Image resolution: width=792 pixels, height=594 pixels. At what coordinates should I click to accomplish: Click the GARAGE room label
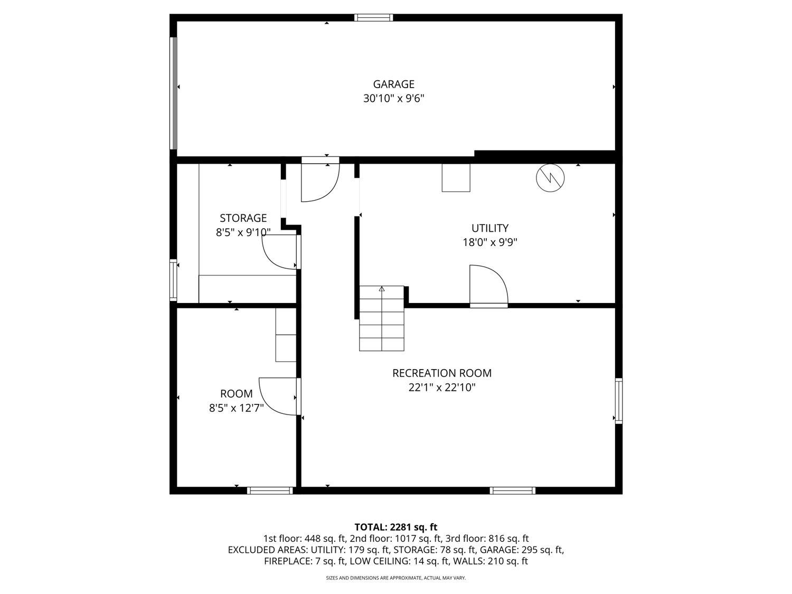(393, 84)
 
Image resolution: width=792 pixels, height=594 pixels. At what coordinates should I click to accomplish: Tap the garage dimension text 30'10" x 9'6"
(393, 98)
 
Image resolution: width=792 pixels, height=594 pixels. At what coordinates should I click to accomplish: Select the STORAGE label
(243, 218)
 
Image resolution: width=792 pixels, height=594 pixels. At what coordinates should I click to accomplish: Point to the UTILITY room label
(489, 228)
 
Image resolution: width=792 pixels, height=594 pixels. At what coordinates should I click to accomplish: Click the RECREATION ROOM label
(441, 373)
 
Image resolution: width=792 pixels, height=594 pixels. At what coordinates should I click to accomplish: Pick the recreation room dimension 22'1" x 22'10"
(441, 388)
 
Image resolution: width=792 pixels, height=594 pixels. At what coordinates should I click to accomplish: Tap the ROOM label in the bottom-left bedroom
(236, 394)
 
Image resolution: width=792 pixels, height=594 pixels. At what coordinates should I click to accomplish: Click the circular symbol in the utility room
(550, 178)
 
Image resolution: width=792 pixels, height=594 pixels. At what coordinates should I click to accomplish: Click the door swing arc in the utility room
(488, 285)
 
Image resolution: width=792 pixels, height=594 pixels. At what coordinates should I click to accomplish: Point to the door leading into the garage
(319, 182)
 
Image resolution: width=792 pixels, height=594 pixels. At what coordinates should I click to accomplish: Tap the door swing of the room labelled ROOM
(278, 396)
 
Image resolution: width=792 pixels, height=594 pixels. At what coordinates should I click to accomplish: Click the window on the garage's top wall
(373, 18)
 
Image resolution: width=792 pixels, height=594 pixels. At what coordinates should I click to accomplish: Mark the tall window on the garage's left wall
(173, 93)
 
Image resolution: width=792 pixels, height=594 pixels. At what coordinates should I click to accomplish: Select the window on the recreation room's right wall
(619, 400)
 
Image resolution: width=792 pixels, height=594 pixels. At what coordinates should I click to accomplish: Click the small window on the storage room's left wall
(173, 280)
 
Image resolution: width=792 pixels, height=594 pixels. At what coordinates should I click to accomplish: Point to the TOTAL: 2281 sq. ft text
(395, 527)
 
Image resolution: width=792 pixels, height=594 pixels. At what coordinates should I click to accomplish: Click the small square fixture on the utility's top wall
(456, 178)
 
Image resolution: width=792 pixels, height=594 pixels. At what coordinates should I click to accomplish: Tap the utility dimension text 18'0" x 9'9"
(489, 242)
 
